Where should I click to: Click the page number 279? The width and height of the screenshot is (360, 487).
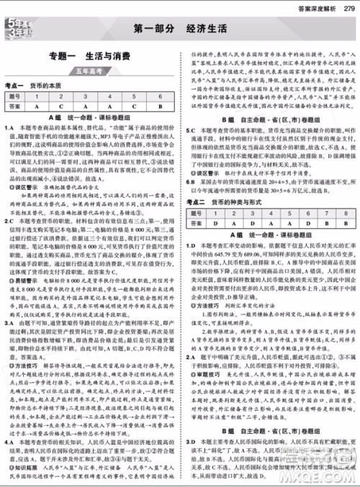[348, 6]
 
